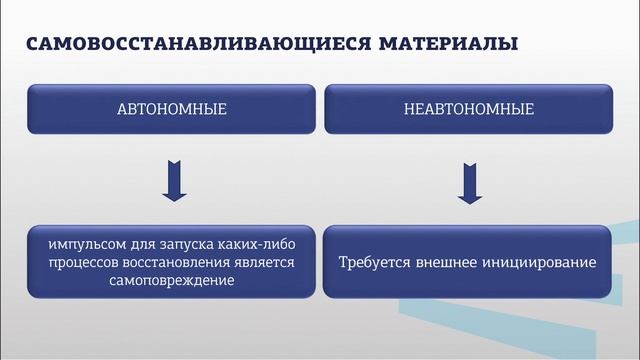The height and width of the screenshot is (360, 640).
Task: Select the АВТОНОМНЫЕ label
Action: click(x=173, y=109)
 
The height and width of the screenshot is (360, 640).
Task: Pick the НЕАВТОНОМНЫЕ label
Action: click(x=468, y=109)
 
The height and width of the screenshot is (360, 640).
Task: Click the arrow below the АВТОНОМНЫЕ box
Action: click(x=174, y=183)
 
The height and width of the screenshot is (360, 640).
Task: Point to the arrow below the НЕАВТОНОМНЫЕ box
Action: click(x=467, y=183)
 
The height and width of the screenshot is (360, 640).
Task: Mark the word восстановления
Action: click(x=181, y=263)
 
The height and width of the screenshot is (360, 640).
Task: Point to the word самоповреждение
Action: click(x=174, y=281)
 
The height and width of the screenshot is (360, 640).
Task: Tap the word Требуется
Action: click(x=373, y=263)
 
